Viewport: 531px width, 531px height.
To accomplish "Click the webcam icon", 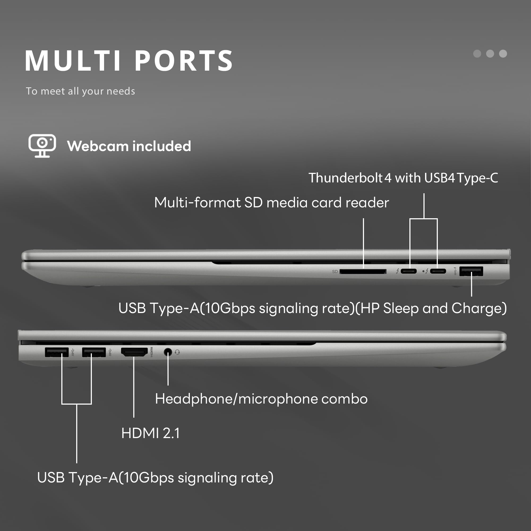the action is coord(42,146).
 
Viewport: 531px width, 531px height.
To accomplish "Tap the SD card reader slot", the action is coord(363,272).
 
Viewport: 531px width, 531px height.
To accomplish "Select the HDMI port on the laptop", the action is coord(134,352).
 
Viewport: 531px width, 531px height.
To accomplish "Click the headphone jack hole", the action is coord(168,352).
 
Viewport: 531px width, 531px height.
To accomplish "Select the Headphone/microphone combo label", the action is coord(261,399).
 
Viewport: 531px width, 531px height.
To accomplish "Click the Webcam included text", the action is coord(129,146).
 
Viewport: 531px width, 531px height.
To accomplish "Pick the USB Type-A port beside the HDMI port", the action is coord(94,352).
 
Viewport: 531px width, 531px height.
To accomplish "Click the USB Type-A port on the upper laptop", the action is coord(471,271).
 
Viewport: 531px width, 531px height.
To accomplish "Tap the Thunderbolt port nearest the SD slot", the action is coord(408,271).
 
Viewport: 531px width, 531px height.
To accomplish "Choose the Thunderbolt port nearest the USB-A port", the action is coord(438,271).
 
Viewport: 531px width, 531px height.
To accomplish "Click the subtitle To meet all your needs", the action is coord(80,91).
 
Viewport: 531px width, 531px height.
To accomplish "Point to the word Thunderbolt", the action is coord(345,178).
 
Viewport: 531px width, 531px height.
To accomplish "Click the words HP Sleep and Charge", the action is coord(431,308).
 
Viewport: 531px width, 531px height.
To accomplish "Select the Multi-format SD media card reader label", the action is coord(272,203).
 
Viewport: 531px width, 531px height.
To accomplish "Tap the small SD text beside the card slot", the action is coord(335,272).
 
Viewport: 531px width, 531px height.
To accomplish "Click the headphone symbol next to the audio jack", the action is coord(177,352).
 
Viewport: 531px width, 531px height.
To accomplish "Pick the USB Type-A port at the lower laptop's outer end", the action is coord(57,352).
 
